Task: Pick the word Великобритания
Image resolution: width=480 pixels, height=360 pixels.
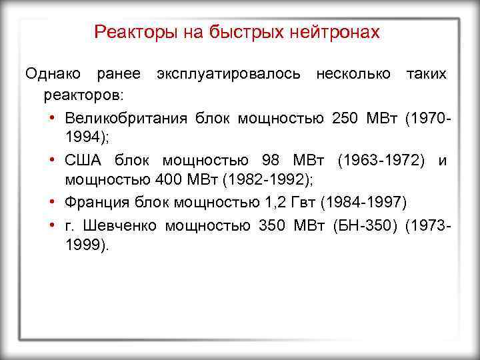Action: [x=127, y=118]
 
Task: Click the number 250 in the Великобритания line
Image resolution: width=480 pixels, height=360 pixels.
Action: [x=344, y=118]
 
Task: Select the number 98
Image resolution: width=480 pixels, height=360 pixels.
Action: [x=271, y=161]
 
